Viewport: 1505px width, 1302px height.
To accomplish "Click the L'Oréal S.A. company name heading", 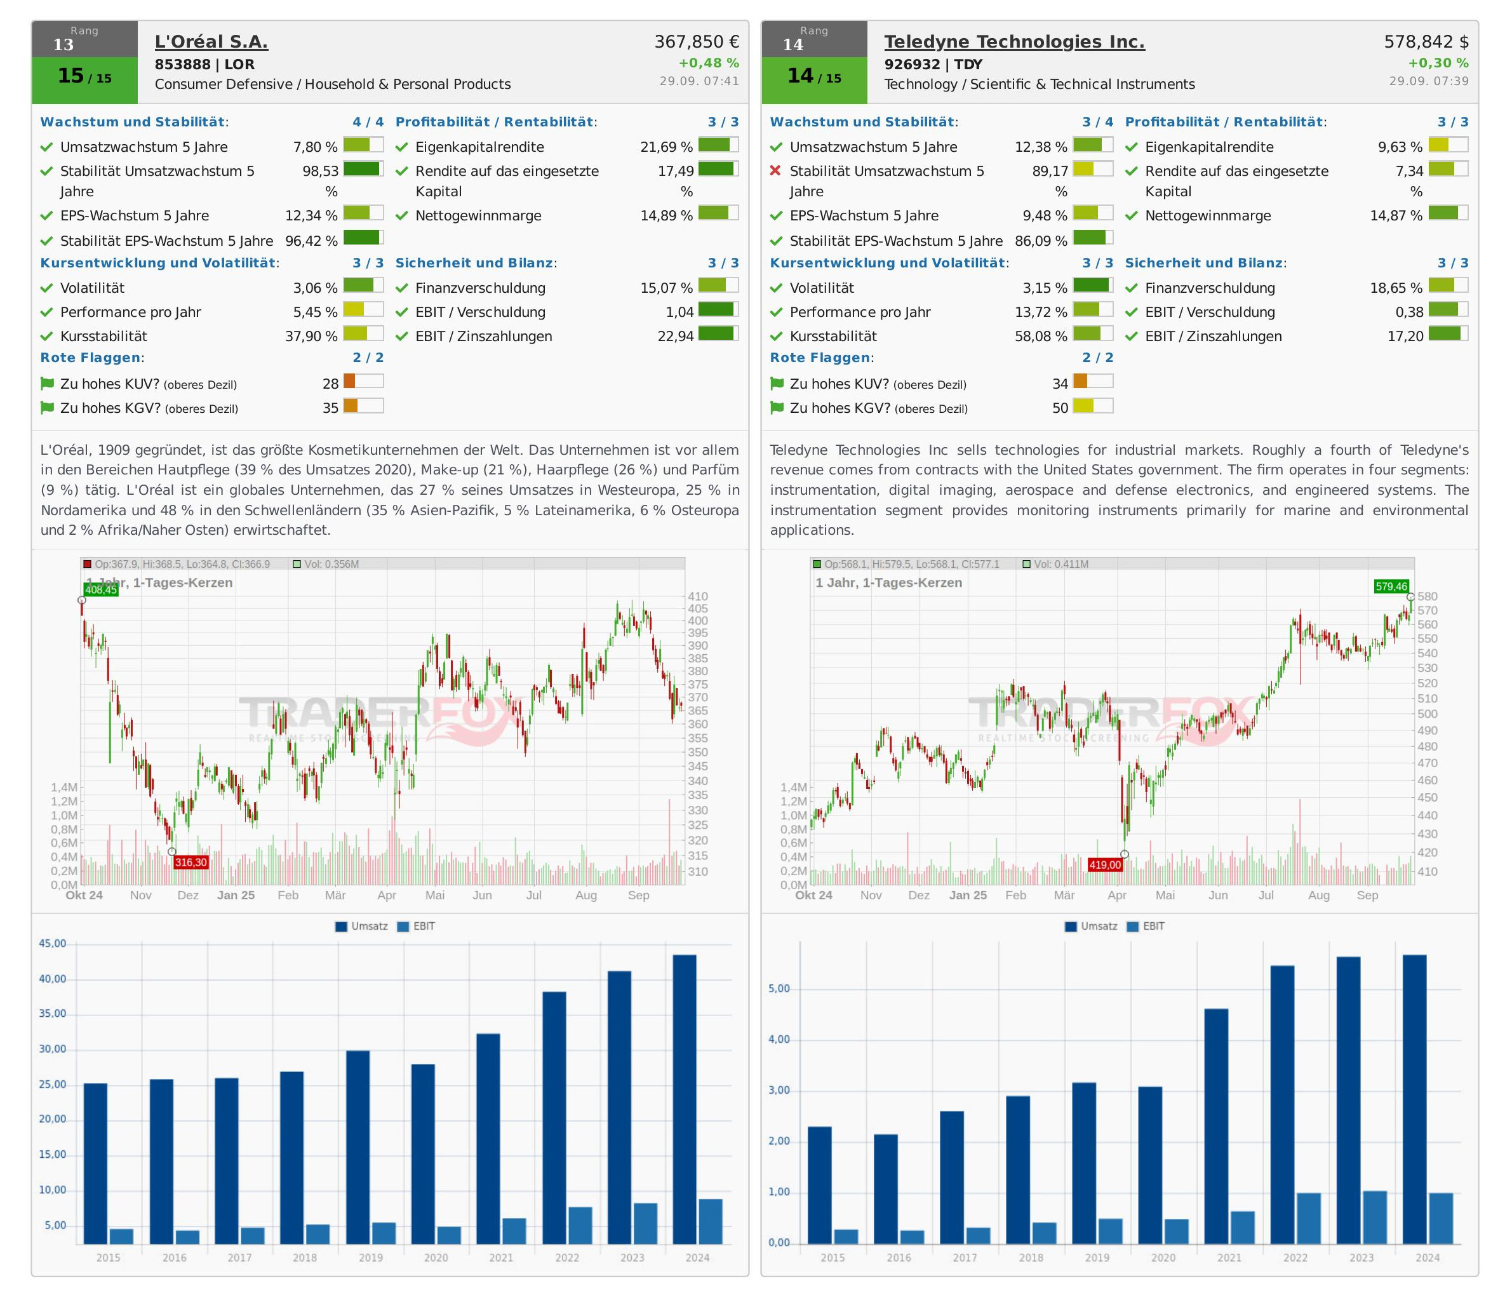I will [x=211, y=42].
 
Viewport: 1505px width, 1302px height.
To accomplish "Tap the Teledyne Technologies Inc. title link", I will [x=1014, y=42].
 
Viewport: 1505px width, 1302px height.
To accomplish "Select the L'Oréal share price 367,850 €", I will [x=697, y=42].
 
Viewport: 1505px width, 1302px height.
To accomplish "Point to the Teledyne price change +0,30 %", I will [x=1438, y=64].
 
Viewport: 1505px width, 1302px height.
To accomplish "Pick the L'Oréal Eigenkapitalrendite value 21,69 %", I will [x=666, y=147].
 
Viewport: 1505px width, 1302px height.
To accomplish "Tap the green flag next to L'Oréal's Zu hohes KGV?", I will [x=47, y=408].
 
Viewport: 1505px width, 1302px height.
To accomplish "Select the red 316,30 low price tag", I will [x=191, y=862].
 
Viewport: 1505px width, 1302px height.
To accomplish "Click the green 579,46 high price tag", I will [x=1391, y=586].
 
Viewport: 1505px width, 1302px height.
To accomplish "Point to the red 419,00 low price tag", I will [x=1105, y=864].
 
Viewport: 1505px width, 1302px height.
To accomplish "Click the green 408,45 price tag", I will [x=101, y=590].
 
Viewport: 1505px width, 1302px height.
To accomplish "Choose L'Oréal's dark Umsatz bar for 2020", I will [x=423, y=1155].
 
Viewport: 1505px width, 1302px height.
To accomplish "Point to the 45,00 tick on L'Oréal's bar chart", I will [x=52, y=944].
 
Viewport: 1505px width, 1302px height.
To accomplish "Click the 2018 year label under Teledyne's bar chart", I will [x=1031, y=1258].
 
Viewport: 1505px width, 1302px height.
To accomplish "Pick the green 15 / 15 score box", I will [x=84, y=76].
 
